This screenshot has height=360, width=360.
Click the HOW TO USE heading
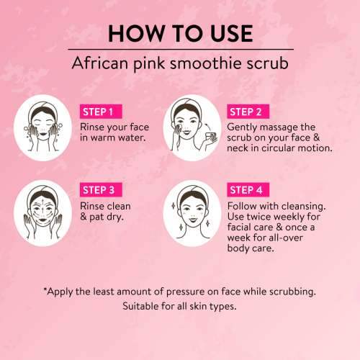(x=179, y=33)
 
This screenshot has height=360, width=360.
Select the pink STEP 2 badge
(x=249, y=112)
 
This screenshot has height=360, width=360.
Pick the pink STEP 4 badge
(x=249, y=190)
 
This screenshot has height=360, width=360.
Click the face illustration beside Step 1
(x=42, y=130)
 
